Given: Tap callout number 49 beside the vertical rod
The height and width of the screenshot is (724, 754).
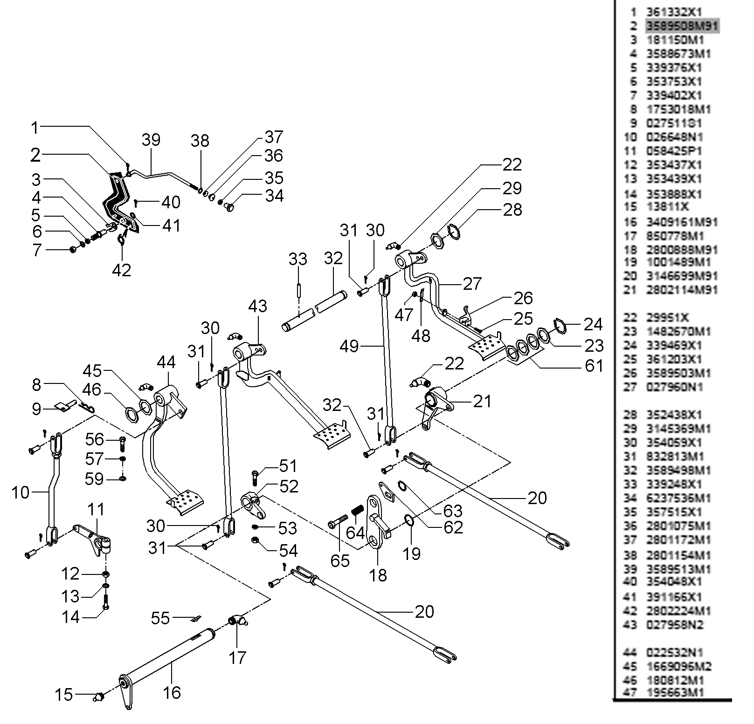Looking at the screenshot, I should [349, 346].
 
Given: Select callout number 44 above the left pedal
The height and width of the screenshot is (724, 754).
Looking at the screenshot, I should [166, 362].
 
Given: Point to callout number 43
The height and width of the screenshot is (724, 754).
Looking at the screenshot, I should [257, 306].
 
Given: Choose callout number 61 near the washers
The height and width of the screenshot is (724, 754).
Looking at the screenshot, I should [594, 366].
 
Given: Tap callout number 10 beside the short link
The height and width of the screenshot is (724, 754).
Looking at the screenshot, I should [21, 492].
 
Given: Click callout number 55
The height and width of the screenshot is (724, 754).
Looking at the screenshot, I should [160, 618].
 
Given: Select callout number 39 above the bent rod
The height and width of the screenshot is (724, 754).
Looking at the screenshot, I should [151, 139].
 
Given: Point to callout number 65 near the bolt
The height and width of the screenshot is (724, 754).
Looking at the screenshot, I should [340, 560].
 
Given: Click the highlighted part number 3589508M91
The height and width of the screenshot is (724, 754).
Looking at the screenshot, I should [682, 26].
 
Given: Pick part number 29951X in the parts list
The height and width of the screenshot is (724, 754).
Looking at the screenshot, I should [667, 318].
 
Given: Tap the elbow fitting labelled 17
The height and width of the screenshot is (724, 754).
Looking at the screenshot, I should [238, 622].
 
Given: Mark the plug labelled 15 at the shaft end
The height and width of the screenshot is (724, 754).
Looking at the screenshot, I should [98, 697].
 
